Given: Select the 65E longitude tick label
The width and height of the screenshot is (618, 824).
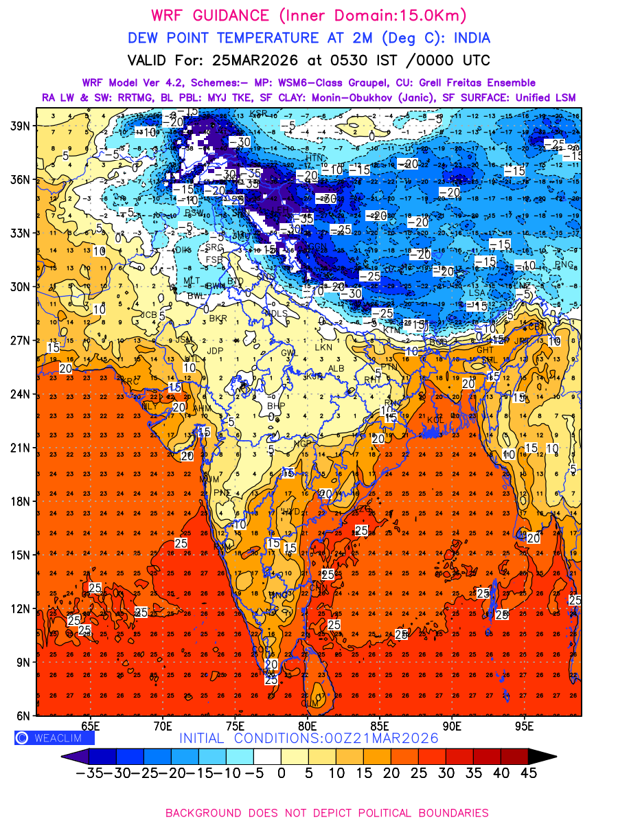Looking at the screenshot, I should [x=90, y=725].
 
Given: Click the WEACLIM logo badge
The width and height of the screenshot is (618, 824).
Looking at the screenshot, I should [x=54, y=738].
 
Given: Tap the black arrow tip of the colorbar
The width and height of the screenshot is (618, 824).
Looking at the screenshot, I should [x=542, y=756].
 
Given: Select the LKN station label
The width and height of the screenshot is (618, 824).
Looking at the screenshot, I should [x=323, y=347].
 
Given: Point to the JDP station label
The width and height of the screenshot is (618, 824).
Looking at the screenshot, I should [x=216, y=351].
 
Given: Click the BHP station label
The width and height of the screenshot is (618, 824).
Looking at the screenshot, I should [x=275, y=406].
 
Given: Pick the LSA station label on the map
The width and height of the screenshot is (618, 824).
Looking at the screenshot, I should [x=477, y=293].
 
